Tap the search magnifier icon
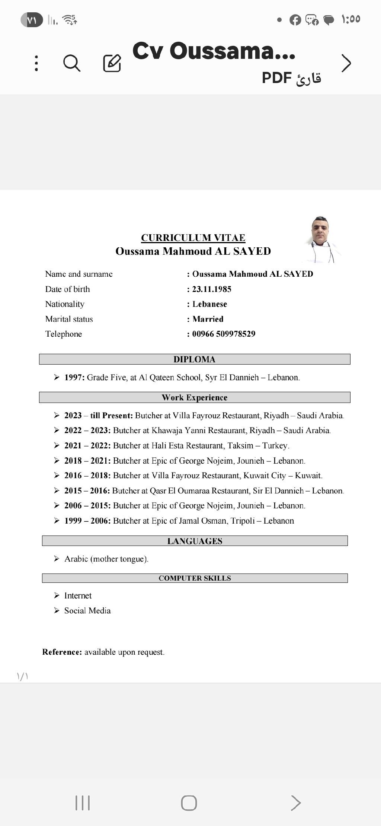[x=72, y=63]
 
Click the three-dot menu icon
[x=36, y=63]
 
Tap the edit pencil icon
[x=112, y=63]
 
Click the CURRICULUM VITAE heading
[x=193, y=238]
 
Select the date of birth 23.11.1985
[x=212, y=289]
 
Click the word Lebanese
[x=209, y=304]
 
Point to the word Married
[x=208, y=319]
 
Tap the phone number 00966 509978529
[x=224, y=334]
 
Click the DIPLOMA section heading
[x=194, y=359]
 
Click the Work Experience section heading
[x=194, y=397]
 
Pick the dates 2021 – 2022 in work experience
[x=87, y=445]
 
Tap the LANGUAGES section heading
[x=195, y=541]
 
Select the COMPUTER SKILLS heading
[x=195, y=578]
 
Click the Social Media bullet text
[x=87, y=610]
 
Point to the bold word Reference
[x=62, y=652]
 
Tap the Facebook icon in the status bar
[x=295, y=20]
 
